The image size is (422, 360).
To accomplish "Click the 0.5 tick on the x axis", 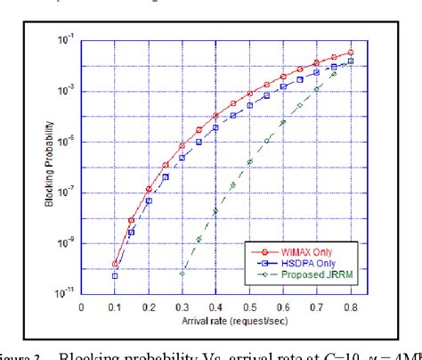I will [250, 306].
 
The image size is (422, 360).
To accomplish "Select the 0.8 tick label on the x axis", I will [351, 306].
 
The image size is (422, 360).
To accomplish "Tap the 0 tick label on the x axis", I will [81, 306].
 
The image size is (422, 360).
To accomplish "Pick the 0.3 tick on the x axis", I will [183, 306].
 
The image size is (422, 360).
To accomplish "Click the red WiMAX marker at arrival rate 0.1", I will [115, 264].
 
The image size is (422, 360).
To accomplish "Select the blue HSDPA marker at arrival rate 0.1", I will [115, 276].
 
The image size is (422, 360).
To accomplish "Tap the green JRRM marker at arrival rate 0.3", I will [183, 273].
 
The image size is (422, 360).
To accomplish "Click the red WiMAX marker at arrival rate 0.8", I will [351, 53].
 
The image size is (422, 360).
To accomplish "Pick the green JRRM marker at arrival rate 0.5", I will [250, 161].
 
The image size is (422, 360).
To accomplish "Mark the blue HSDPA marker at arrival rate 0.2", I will [149, 200].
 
